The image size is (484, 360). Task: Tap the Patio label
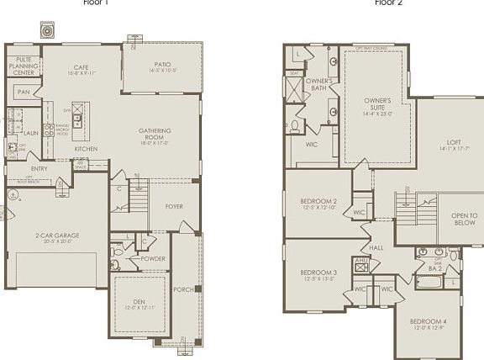pyautogui.click(x=162, y=65)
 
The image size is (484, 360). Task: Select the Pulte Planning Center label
pyautogui.click(x=24, y=66)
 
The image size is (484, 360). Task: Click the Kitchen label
pyautogui.click(x=86, y=149)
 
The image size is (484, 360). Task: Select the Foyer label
pyautogui.click(x=174, y=205)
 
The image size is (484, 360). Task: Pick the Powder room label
pyautogui.click(x=153, y=259)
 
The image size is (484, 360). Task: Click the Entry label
pyautogui.click(x=39, y=168)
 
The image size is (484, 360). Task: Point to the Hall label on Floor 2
pyautogui.click(x=377, y=247)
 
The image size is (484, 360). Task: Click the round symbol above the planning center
pyautogui.click(x=47, y=29)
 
